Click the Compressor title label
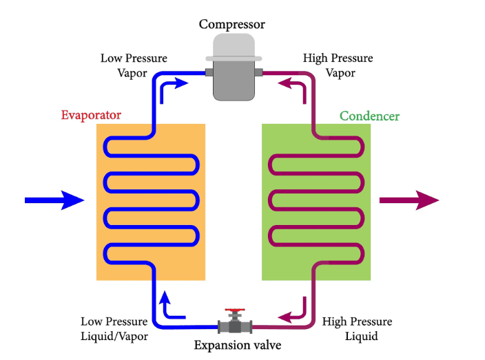click(x=231, y=25)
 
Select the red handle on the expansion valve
click(x=236, y=311)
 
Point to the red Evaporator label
click(x=91, y=115)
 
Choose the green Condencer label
click(x=369, y=116)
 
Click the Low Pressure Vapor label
click(x=134, y=65)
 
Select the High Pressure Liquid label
click(x=357, y=329)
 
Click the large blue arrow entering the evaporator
click(x=54, y=200)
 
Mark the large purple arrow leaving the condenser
click(x=409, y=200)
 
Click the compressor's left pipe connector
click(x=207, y=72)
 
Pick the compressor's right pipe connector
click(x=258, y=72)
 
